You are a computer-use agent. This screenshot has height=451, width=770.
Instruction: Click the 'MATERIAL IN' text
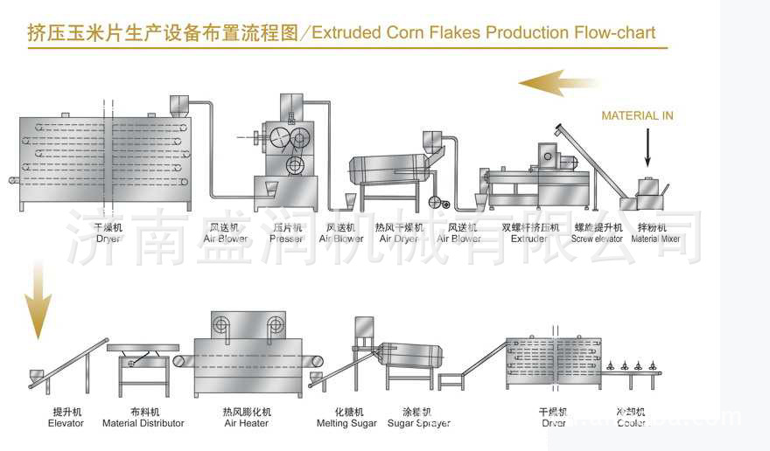[x=637, y=115]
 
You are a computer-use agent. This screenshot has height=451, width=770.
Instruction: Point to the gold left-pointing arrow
[x=557, y=84]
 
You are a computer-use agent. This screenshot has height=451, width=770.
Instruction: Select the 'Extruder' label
[x=528, y=239]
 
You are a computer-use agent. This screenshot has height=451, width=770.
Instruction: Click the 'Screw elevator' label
[x=597, y=239]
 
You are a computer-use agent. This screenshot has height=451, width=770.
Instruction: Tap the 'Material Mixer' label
[x=655, y=239]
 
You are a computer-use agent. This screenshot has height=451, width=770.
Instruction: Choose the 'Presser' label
[x=286, y=239]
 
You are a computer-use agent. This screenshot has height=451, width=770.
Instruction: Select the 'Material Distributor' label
[x=143, y=423]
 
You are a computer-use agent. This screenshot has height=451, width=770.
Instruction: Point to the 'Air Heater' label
[x=247, y=423]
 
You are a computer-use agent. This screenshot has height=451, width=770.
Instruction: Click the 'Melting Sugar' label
[x=346, y=423]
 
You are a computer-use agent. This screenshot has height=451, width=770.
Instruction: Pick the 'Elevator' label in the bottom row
[x=66, y=423]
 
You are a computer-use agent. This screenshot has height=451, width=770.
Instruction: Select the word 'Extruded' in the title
[x=346, y=33]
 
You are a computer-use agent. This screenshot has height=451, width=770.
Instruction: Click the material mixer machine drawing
[x=647, y=195]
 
